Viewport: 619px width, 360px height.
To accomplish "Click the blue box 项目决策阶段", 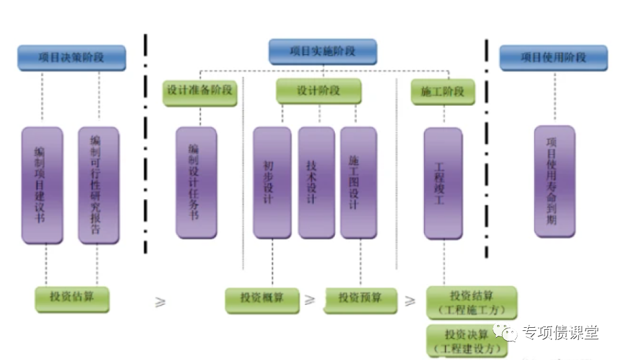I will pyautogui.click(x=71, y=58).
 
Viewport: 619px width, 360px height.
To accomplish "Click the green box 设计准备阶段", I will pyautogui.click(x=199, y=91).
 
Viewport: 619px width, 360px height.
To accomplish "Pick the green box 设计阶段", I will pyautogui.click(x=319, y=91).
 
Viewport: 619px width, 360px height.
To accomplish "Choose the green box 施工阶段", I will pyautogui.click(x=443, y=92).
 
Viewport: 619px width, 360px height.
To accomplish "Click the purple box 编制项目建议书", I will pyautogui.click(x=42, y=184).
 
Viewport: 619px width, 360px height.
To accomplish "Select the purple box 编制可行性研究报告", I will pyautogui.click(x=98, y=184).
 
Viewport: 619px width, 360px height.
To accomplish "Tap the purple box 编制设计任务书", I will pyautogui.click(x=196, y=182).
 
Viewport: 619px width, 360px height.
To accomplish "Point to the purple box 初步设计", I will pyautogui.click(x=271, y=182).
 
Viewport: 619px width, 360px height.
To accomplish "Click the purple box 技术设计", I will pyautogui.click(x=316, y=182).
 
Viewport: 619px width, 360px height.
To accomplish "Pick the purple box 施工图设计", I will pyautogui.click(x=358, y=182).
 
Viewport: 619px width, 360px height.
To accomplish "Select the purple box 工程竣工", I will pyautogui.click(x=443, y=183).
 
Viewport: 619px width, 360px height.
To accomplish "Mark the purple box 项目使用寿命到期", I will pyautogui.click(x=554, y=180).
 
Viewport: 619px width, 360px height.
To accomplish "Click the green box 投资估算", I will pyautogui.click(x=72, y=298).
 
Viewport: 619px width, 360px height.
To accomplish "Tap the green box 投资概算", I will pyautogui.click(x=262, y=299).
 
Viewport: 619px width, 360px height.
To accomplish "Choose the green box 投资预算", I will pyautogui.click(x=360, y=299).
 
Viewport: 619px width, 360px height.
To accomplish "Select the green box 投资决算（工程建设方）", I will pyautogui.click(x=467, y=340).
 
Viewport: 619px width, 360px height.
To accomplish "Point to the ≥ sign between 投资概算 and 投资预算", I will pyautogui.click(x=309, y=301).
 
